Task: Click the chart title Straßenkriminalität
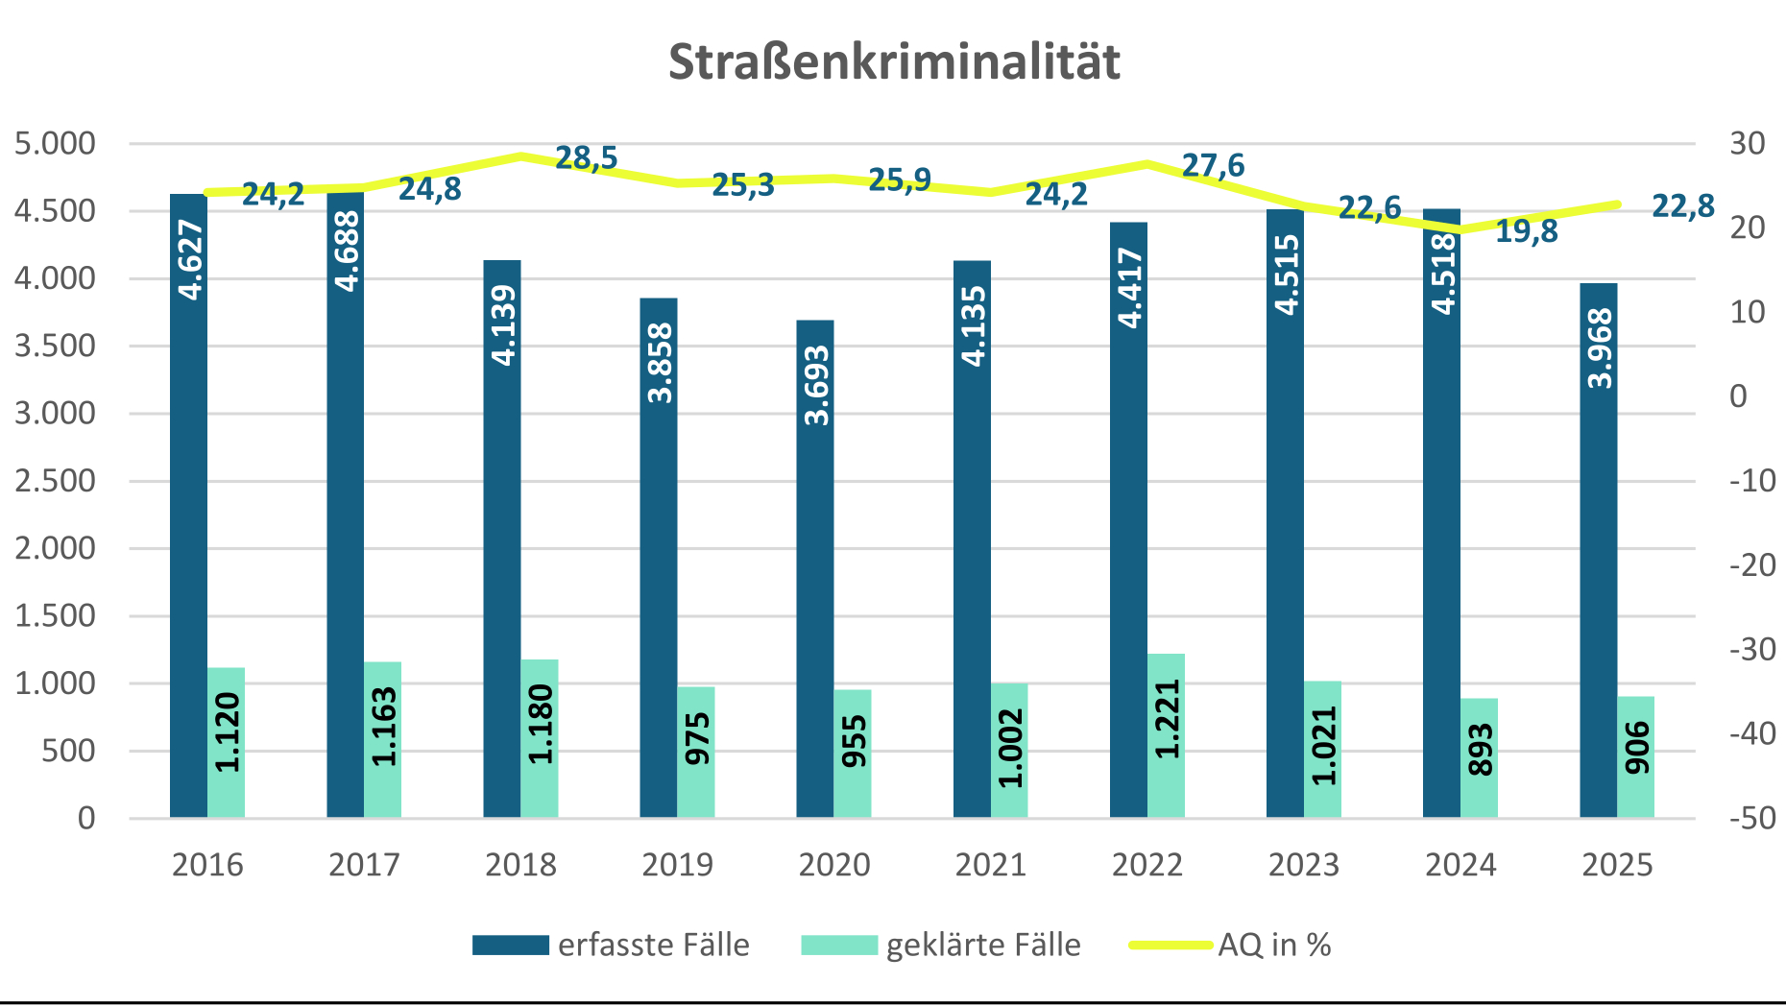(894, 62)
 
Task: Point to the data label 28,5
(587, 158)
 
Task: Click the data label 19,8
(1527, 231)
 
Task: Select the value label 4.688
(347, 251)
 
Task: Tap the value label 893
(1481, 749)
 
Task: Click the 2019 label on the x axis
(678, 865)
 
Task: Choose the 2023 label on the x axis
(1304, 865)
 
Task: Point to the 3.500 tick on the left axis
(56, 346)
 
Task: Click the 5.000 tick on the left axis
(56, 144)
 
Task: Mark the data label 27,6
(1213, 166)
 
